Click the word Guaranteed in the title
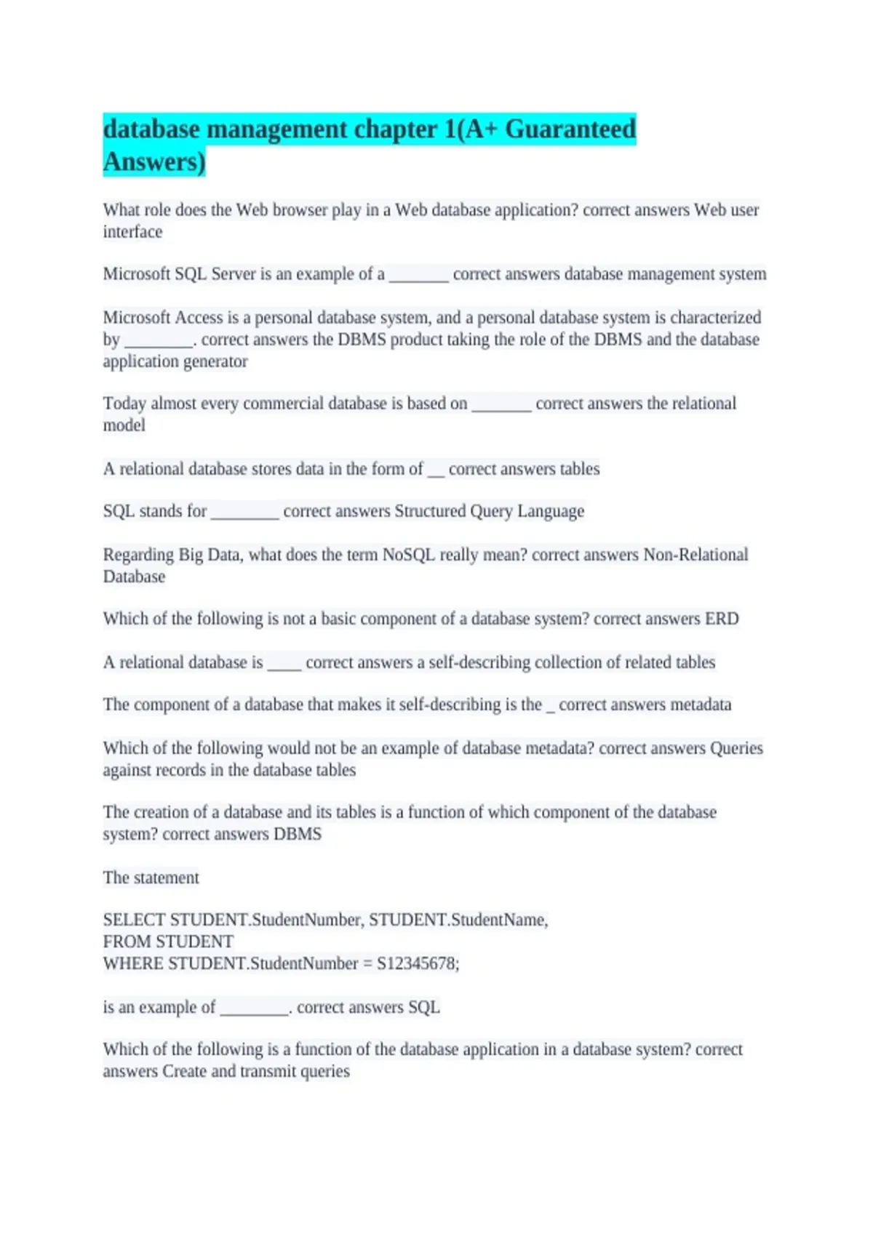coord(570,129)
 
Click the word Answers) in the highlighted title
coord(154,161)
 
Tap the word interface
coord(132,232)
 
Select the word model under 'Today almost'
coord(124,425)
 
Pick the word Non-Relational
coord(695,555)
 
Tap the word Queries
coord(736,748)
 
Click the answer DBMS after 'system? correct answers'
coord(298,834)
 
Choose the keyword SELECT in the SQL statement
coord(134,920)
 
